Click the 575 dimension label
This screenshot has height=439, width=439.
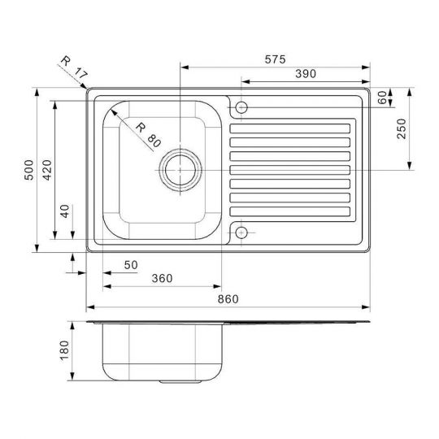pos(276,59)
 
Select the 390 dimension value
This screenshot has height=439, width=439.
pos(306,74)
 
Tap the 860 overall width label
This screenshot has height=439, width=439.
pos(228,299)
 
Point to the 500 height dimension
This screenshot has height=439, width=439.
pos(28,170)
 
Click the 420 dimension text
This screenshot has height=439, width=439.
pos(47,170)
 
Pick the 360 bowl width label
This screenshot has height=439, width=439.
pos(162,278)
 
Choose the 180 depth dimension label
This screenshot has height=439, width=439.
pos(64,350)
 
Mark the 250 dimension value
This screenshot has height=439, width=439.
pos(402,128)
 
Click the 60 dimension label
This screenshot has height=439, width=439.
pos(382,98)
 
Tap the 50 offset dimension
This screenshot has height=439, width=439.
pos(131,265)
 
